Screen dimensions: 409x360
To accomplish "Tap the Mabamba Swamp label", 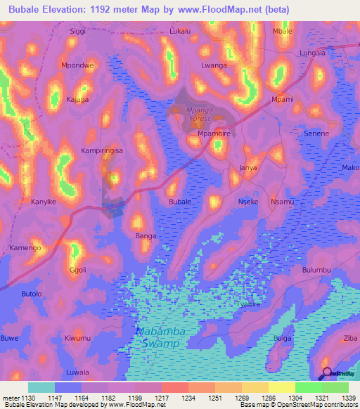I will [x=158, y=337].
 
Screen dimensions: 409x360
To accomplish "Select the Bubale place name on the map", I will [x=180, y=202].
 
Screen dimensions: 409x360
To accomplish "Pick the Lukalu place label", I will [x=181, y=32].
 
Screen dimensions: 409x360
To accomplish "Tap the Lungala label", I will [x=313, y=53].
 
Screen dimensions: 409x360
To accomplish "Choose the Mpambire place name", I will [x=214, y=133].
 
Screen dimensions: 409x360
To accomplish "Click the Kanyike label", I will [x=44, y=202].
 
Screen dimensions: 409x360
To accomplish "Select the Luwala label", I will [x=77, y=372].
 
